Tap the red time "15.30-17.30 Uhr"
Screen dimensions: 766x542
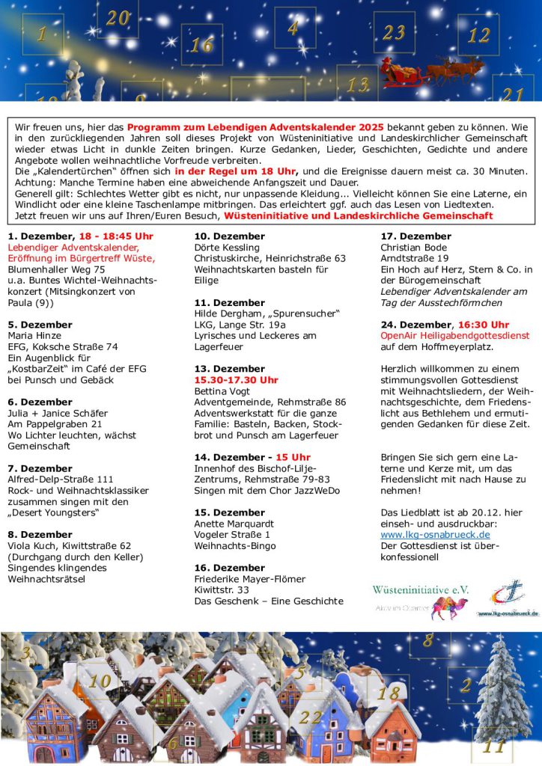236,380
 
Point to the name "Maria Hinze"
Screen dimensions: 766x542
34,336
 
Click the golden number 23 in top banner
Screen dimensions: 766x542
394,32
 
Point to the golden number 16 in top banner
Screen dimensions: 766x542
201,45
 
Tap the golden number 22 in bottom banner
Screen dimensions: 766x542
310,717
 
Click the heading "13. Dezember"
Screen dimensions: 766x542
229,369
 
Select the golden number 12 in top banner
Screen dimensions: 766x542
478,35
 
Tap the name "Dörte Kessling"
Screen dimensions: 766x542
227,248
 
